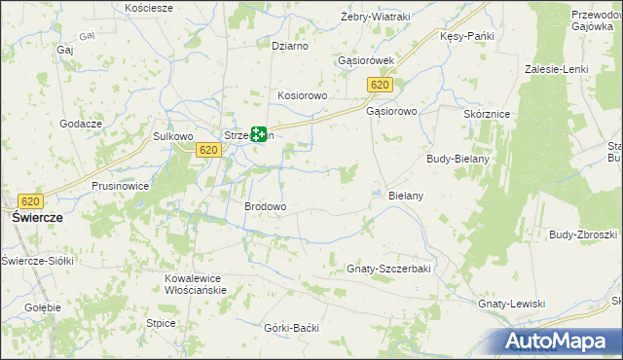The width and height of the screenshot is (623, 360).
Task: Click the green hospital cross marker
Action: click(259, 134)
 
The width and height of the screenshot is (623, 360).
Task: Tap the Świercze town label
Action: click(38, 219)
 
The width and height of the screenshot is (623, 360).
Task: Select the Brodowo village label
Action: click(265, 207)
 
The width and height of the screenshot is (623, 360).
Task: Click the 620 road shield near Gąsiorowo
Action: click(380, 87)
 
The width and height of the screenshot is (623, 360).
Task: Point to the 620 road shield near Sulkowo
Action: click(206, 150)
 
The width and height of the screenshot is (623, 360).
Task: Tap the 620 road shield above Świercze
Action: click(30, 201)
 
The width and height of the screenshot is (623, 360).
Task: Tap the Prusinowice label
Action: click(120, 185)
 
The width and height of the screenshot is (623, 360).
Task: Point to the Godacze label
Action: click(81, 124)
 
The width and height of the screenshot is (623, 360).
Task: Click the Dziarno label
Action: click(290, 46)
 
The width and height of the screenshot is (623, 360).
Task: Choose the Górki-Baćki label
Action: click(292, 328)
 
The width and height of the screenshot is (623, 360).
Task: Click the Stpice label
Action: click(161, 323)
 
